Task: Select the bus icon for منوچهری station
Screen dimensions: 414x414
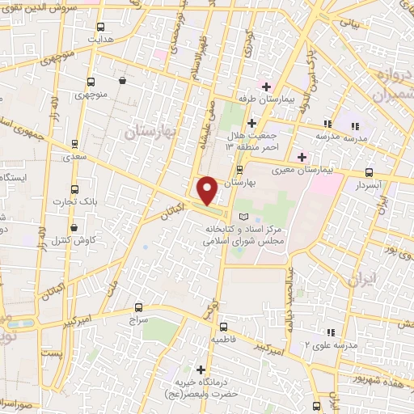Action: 90,82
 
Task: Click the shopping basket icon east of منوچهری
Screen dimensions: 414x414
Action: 122,81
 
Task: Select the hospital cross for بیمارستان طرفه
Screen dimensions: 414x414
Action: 265,87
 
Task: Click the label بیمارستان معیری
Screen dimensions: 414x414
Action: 332,171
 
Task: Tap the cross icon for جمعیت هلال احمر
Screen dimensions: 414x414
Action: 251,124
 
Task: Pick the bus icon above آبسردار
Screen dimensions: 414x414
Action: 370,172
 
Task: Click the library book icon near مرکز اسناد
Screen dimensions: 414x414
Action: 243,218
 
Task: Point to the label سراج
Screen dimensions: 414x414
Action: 140,320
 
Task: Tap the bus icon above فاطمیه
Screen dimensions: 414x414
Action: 223,327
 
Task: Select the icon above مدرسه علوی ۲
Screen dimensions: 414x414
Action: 330,332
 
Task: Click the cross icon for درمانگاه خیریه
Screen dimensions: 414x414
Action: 201,370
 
